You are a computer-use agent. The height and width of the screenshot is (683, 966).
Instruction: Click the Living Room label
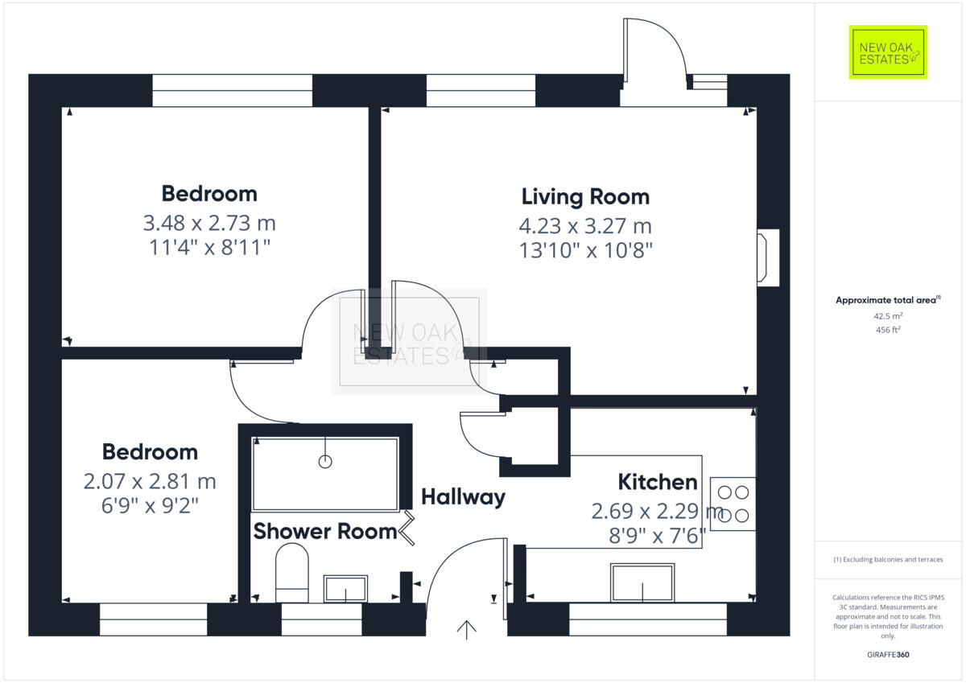point(585,196)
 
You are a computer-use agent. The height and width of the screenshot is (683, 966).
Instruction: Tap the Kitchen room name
point(657,482)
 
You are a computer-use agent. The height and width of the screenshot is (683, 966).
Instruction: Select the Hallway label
point(463,497)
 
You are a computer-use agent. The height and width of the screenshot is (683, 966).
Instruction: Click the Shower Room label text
point(324,532)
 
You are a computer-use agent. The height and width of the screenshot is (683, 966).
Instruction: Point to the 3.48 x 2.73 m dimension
point(209,222)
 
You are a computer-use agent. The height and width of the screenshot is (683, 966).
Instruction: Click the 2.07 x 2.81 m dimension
point(150,482)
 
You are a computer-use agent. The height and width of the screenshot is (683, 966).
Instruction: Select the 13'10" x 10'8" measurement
point(585,250)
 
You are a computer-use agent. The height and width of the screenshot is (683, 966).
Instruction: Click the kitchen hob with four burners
point(733,504)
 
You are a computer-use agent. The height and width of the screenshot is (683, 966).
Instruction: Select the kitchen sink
point(642,582)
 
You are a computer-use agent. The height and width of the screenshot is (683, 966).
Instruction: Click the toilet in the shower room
point(292,572)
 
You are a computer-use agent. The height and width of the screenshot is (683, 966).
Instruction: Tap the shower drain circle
point(325,462)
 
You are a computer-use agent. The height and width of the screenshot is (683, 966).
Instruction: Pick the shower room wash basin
point(345,589)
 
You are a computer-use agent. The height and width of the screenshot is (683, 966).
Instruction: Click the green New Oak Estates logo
point(888,52)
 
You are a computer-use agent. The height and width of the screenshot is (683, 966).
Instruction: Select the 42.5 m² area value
point(888,316)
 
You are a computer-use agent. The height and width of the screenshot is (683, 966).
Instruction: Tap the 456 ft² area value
point(888,330)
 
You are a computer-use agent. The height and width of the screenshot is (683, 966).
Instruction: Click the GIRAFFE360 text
point(888,655)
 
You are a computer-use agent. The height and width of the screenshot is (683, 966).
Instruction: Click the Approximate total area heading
point(888,300)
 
